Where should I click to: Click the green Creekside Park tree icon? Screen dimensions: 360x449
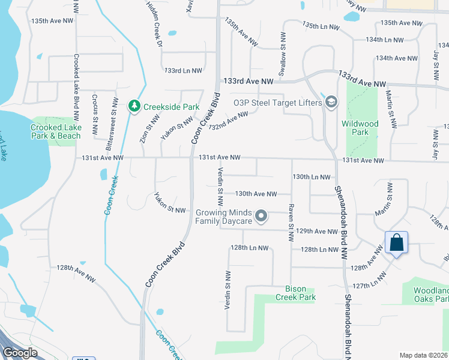pos(134,107)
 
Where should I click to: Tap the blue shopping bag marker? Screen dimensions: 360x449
pos(396,243)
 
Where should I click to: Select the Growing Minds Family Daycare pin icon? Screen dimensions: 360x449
pos(261,216)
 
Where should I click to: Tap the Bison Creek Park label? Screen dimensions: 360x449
pos(295,293)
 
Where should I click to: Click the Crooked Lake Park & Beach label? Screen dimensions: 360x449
pos(56,131)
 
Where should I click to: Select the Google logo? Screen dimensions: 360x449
pos(20,353)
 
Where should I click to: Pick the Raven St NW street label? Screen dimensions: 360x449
pos(291,223)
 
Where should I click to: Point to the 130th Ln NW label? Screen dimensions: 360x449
pos(312,178)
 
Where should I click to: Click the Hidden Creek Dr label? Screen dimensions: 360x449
pos(154,25)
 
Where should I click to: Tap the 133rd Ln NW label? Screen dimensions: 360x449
pos(183,71)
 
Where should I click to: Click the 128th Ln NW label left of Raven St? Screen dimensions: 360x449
pos(249,248)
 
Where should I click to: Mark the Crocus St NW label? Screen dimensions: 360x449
pos(95,115)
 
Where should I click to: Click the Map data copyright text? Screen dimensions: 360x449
pos(423,355)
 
